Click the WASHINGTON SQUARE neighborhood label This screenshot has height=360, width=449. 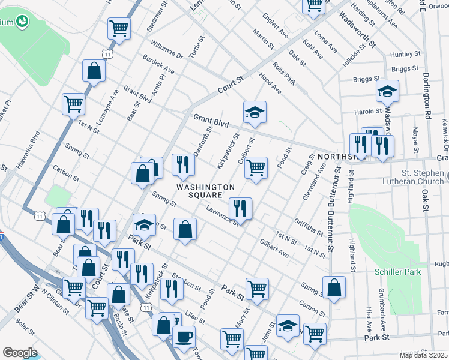[205, 192]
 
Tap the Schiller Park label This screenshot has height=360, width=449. [397, 272]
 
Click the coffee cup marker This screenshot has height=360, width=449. [184, 337]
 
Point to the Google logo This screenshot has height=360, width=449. [20, 352]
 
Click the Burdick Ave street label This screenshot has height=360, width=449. [158, 65]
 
